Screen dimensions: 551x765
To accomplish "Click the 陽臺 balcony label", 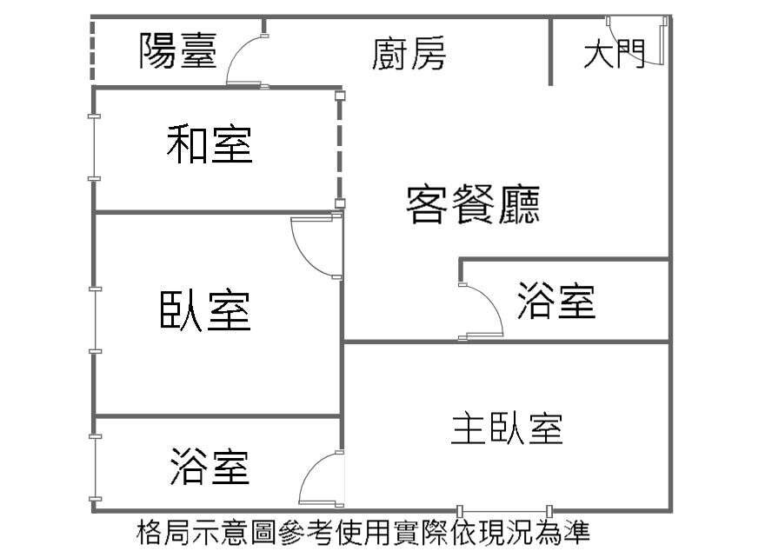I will pos(178,51).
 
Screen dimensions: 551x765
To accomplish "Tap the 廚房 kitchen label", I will pos(409,54).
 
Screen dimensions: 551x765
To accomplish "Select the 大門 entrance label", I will pos(614,54).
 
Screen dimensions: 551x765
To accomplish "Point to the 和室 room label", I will pos(210,144).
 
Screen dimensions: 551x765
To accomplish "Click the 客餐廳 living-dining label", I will pos(473,205).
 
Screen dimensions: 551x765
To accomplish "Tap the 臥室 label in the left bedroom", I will pos(205,310).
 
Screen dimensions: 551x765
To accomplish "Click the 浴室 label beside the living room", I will pos(556,301).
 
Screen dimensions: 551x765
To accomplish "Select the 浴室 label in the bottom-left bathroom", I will pos(210,467).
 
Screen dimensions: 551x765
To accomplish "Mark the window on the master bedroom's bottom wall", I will pos(504,510).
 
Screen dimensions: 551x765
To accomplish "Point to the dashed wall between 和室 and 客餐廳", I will pos(341,148).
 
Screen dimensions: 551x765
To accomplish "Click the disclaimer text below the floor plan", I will pos(364,531).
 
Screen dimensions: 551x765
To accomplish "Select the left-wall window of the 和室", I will pos(94,147).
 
